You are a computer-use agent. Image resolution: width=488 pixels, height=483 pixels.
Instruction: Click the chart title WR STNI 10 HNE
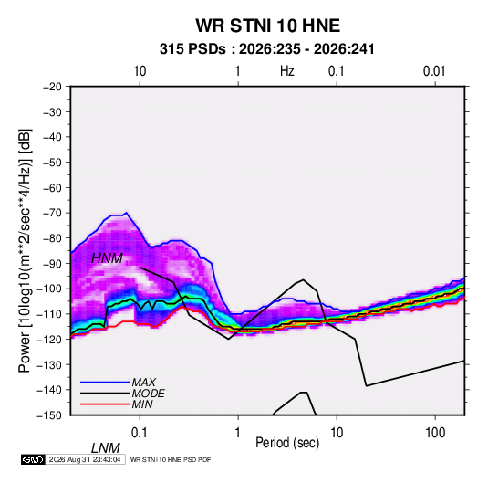267,26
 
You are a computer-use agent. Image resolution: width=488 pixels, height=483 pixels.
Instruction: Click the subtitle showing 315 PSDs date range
266,49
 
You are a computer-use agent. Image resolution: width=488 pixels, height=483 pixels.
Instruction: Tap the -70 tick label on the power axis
52,213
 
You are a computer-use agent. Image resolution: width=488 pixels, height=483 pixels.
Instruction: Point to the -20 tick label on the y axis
52,87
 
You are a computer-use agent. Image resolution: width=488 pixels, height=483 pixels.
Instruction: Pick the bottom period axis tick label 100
435,433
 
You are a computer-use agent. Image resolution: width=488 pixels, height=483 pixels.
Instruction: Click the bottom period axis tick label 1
238,433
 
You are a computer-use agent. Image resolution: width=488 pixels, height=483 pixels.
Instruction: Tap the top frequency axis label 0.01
434,71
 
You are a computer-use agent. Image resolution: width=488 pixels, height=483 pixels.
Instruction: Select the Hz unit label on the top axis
287,71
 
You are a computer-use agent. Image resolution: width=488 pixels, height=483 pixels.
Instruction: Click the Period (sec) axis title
287,443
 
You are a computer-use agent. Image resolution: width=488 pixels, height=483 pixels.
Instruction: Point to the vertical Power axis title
25,250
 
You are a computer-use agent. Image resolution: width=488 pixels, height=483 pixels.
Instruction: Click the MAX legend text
143,383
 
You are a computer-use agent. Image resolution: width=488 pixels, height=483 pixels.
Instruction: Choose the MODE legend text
148,394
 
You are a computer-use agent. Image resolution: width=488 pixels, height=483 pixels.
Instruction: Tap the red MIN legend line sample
105,404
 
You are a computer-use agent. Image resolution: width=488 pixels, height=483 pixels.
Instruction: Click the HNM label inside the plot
107,258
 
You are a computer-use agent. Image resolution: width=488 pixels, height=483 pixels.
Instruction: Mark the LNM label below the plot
106,448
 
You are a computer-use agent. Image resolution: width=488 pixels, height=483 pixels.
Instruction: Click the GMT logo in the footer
33,459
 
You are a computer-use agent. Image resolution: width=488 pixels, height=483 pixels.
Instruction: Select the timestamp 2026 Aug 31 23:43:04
85,459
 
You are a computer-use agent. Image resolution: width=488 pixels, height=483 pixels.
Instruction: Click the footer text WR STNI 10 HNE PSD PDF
171,459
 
